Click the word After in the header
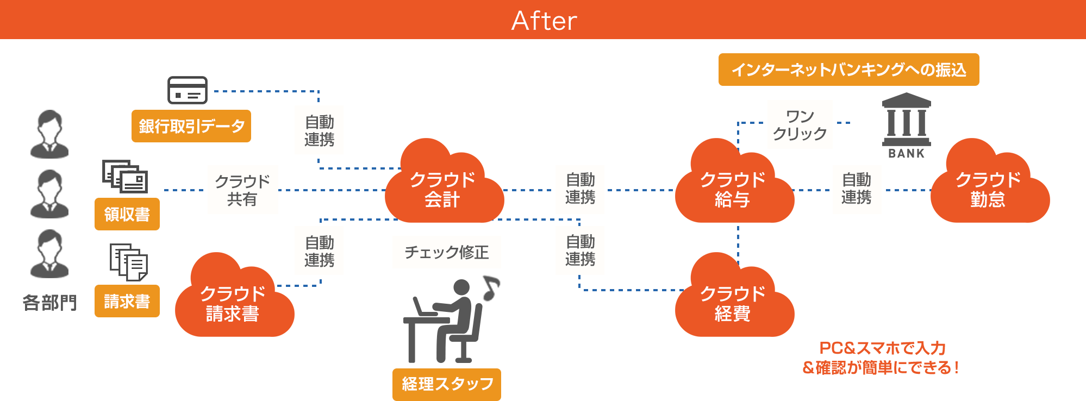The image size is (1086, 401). (x=544, y=21)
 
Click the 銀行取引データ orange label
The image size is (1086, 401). (x=191, y=126)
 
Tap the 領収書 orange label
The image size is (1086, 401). (x=127, y=214)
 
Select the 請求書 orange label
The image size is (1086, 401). (x=127, y=301)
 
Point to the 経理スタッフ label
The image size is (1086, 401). (x=447, y=384)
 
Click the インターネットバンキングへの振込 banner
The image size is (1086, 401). (x=848, y=70)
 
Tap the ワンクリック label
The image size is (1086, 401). (x=800, y=125)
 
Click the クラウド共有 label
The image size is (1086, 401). (x=242, y=190)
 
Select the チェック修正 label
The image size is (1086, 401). (x=446, y=252)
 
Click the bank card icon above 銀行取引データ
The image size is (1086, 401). (x=188, y=90)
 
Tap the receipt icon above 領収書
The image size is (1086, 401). (x=125, y=176)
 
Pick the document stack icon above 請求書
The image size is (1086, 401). (x=129, y=261)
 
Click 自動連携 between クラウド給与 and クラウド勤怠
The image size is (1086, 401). (x=856, y=189)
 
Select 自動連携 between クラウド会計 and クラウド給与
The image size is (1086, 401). (x=580, y=189)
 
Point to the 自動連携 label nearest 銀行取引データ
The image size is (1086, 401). (x=319, y=130)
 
